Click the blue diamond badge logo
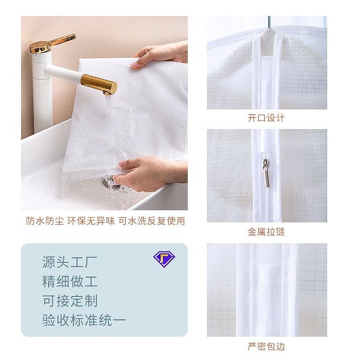click(164, 259)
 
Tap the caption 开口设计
click(266, 118)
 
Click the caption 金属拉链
click(266, 232)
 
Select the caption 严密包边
click(266, 346)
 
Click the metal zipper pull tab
click(266, 173)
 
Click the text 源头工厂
click(70, 262)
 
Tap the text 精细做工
click(70, 282)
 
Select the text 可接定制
click(70, 301)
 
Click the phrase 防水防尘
click(45, 221)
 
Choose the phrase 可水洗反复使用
click(152, 221)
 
